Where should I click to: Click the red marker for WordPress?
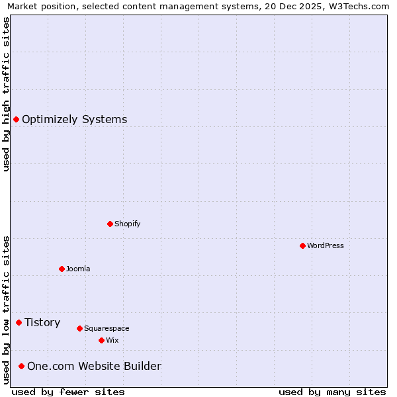[302, 245]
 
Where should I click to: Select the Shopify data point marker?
[110, 224]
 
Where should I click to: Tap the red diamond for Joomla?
[62, 269]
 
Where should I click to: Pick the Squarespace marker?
[79, 328]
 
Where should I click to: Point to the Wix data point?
[101, 340]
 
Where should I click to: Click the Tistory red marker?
[19, 322]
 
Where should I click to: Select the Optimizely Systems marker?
[16, 119]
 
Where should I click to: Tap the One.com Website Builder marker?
[21, 366]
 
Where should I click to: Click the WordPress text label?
[326, 245]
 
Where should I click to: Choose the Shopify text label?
[128, 224]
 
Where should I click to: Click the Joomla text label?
[78, 269]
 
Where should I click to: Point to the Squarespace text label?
[107, 328]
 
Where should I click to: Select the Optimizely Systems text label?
[75, 119]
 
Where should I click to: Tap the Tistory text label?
[42, 322]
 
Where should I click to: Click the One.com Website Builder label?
[94, 366]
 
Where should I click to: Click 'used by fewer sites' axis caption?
[68, 392]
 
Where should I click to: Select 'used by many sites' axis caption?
[332, 392]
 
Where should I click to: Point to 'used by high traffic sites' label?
[6, 94]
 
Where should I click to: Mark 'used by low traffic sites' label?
[6, 310]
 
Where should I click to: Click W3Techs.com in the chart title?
[357, 6]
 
